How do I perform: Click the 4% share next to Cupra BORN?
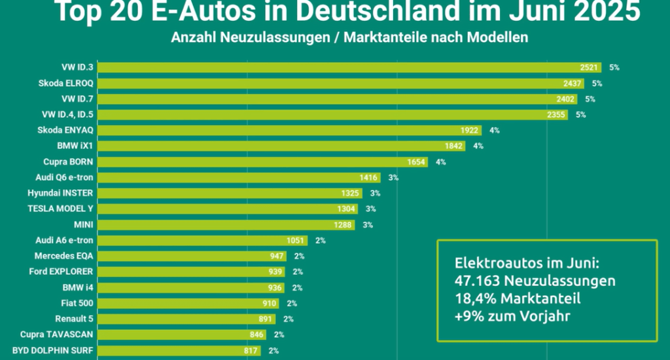coord(440,162)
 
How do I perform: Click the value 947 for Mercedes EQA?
coord(277,256)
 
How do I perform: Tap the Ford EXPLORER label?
coord(62,272)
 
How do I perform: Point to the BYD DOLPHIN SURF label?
coord(52,350)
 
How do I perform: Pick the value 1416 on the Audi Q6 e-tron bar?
coord(369,177)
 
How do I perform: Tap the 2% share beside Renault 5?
coord(289,319)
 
